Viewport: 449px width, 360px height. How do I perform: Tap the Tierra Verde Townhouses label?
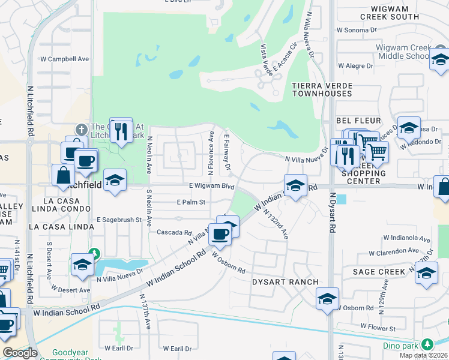(321, 89)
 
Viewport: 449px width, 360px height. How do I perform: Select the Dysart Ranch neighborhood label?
(277, 282)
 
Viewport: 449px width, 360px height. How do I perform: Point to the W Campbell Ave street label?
(65, 59)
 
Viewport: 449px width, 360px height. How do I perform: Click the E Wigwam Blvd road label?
(211, 186)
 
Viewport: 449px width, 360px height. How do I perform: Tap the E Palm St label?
(191, 202)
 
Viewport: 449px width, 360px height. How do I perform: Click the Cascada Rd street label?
(173, 232)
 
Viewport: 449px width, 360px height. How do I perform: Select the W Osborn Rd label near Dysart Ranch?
(229, 262)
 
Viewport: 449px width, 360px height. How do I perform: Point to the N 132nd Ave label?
(276, 226)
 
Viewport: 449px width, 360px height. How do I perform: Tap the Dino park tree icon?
(427, 344)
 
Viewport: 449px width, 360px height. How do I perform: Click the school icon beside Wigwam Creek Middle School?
(440, 59)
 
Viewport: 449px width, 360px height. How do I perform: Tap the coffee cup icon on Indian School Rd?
(220, 235)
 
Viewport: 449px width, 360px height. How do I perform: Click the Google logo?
(20, 353)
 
